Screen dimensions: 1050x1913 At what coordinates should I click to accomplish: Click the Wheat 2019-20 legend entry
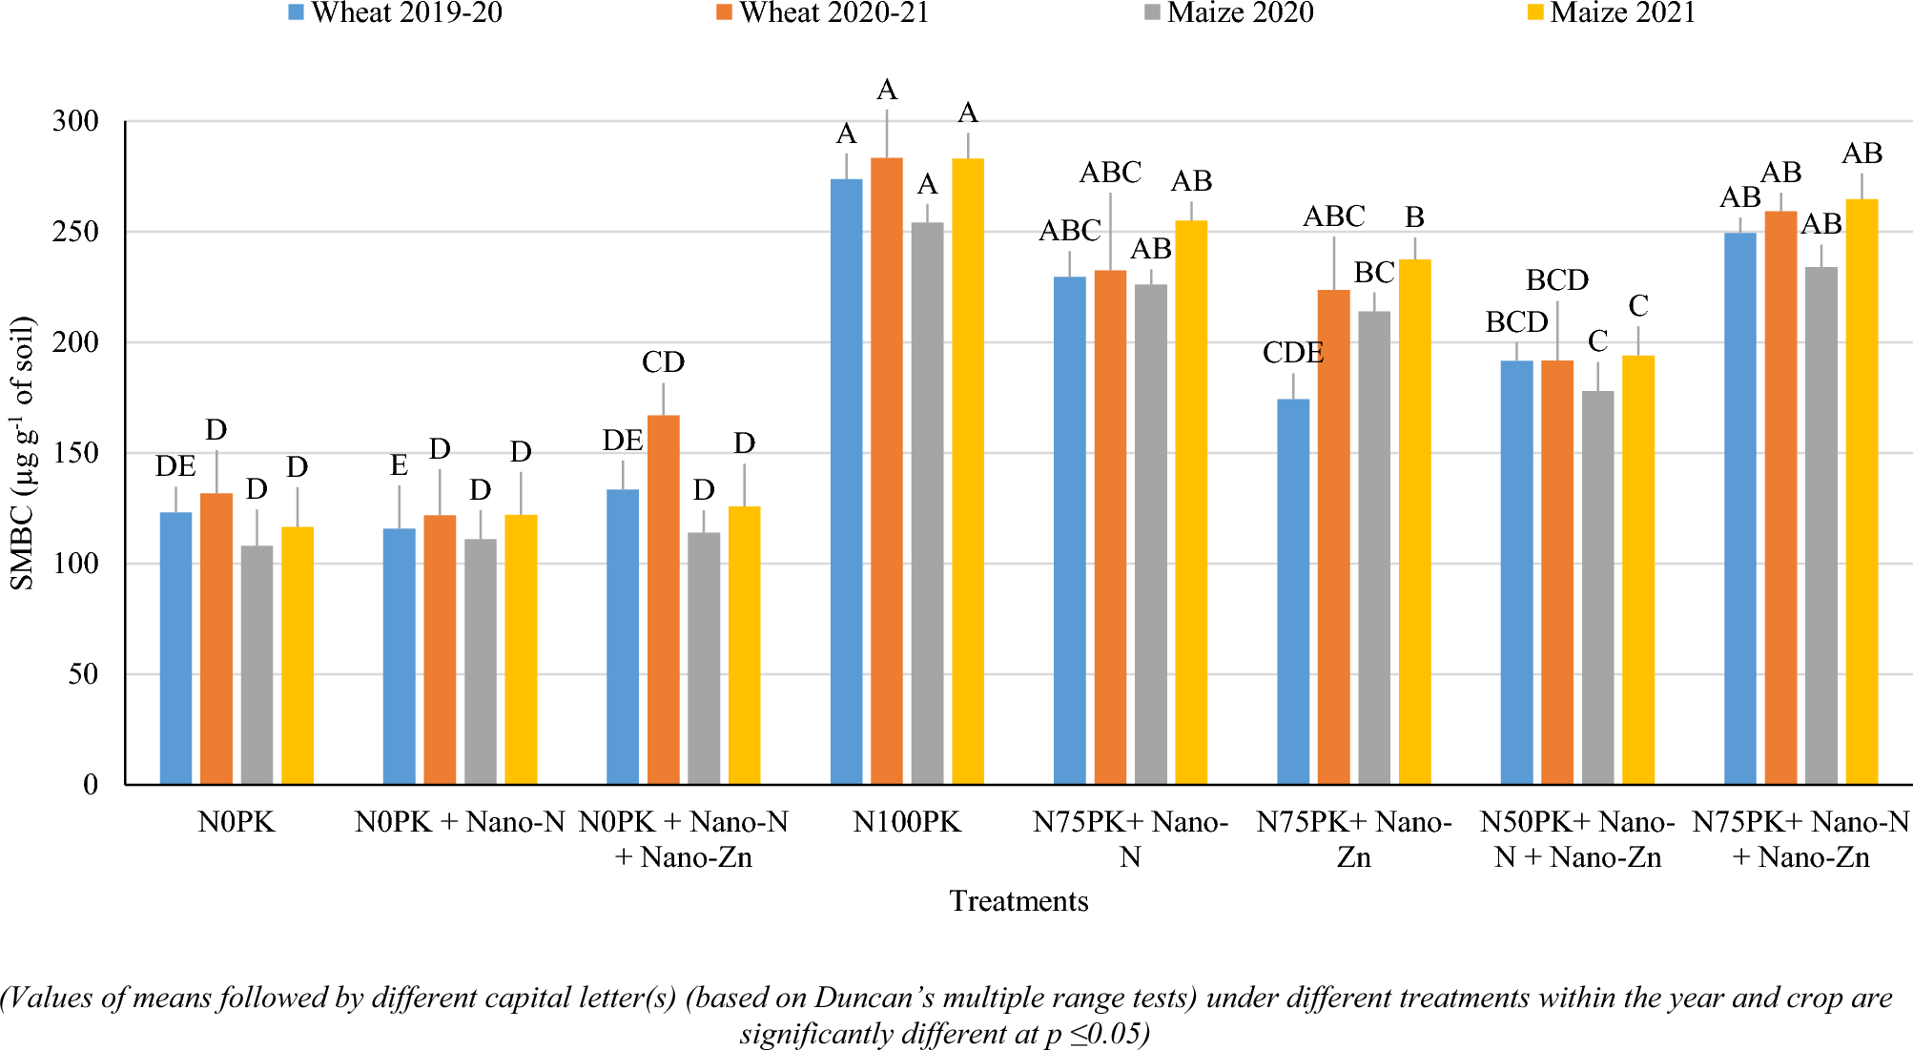coord(395,12)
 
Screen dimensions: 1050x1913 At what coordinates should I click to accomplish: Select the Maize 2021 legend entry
coord(1611,12)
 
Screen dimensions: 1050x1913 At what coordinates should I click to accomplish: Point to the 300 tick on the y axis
coord(76,121)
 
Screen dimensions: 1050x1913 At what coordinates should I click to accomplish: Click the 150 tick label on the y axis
coord(76,453)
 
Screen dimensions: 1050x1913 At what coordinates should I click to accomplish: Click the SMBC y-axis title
coord(22,453)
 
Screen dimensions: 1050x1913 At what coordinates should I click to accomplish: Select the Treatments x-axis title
coord(1018,901)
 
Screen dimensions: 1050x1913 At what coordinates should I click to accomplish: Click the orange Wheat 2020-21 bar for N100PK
coord(887,472)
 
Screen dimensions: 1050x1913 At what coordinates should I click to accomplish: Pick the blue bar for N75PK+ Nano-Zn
coord(1293,591)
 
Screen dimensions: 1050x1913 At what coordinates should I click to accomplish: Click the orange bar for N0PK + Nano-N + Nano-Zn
coord(664,600)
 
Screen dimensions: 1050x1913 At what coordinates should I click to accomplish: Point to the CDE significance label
coord(1293,353)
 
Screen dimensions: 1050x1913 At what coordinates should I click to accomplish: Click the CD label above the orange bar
coord(663,362)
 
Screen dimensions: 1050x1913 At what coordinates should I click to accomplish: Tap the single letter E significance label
coord(399,465)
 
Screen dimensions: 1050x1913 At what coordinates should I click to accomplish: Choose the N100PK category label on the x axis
coord(907,822)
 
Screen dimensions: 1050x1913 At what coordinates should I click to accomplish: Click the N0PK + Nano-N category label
coord(461,822)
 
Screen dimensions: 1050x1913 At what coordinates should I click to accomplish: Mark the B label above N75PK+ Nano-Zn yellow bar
coord(1414,217)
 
